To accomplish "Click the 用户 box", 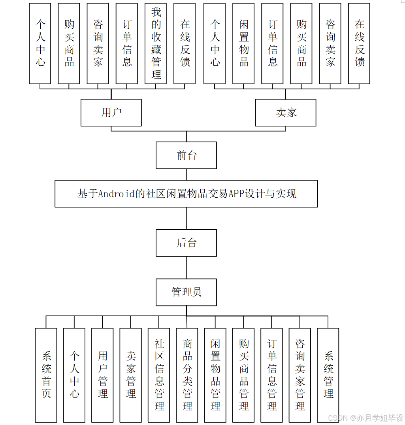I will tap(111, 113).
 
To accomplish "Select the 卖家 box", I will tap(286, 113).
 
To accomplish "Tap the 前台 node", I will tap(186, 155).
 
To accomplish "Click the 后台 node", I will tap(186, 243).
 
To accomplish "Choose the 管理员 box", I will tap(186, 292).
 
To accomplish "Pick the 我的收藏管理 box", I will tap(156, 43).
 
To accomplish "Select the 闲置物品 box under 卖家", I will tap(243, 43).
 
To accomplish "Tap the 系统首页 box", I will tap(46, 375).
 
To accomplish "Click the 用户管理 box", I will tap(102, 375).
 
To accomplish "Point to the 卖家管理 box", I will tap(130, 375).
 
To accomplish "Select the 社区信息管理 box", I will tap(159, 375).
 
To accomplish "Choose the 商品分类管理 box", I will tap(187, 375).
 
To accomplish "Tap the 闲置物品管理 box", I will tap(215, 375).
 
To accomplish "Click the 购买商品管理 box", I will tap(243, 375).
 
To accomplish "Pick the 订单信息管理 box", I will tap(271, 375).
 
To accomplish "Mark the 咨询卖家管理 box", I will tap(300, 375).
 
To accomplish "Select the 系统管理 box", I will tap(328, 375).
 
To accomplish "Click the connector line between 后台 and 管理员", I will tap(186, 268).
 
